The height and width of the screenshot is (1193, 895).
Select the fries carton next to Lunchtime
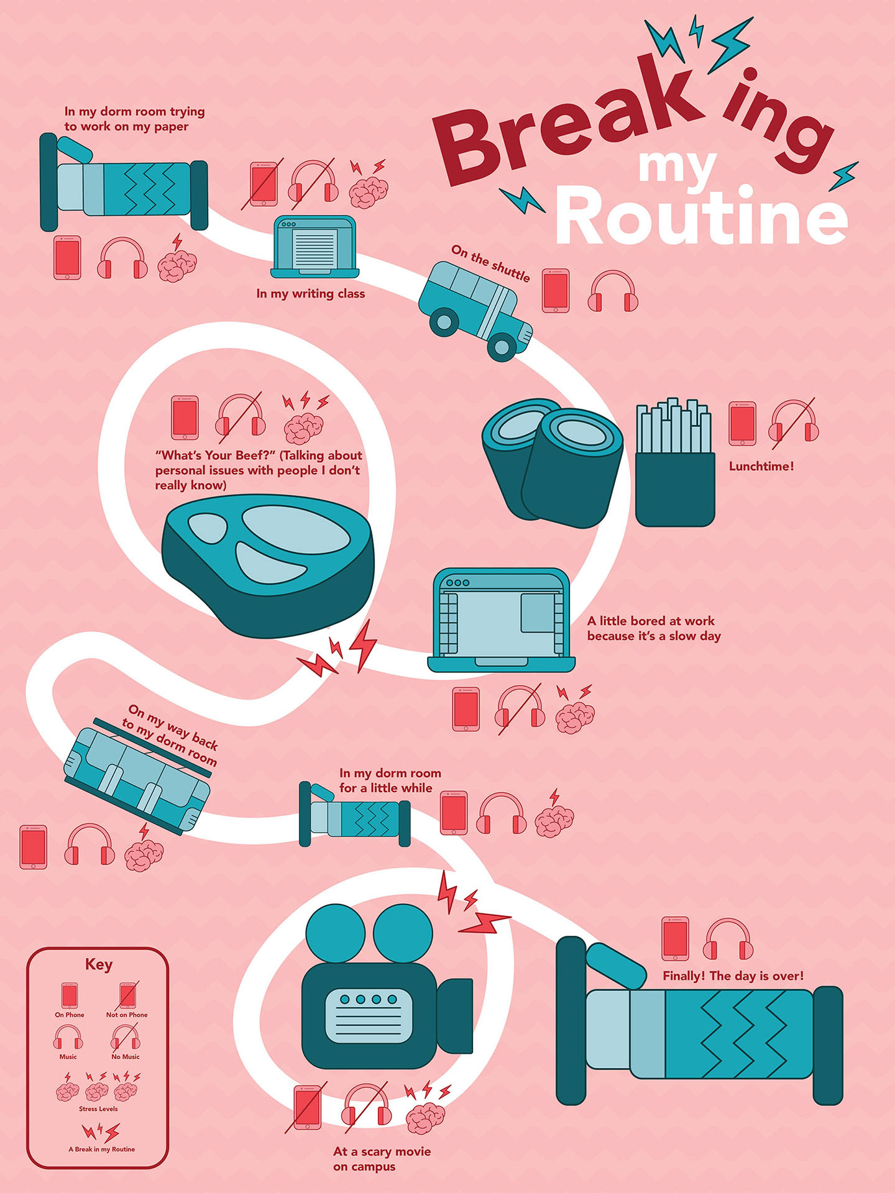pos(675,463)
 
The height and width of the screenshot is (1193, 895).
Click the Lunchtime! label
pos(761,466)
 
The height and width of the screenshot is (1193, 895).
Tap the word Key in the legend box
pos(99,964)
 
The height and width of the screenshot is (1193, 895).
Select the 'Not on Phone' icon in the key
pos(128,996)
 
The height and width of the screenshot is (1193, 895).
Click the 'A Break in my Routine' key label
pos(101,1149)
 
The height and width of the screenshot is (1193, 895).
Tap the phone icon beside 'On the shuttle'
pos(555,290)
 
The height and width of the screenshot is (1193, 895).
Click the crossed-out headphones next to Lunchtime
pos(794,423)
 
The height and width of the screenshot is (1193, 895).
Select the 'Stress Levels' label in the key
pos(98,1108)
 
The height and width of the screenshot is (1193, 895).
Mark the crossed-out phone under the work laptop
pos(466,709)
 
